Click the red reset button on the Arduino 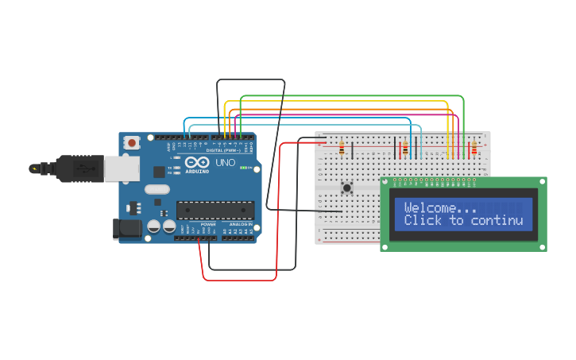pyautogui.click(x=131, y=143)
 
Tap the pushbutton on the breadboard pyautogui.click(x=346, y=188)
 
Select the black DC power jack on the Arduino pyautogui.click(x=129, y=229)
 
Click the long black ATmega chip pyautogui.click(x=215, y=210)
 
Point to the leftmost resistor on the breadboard pyautogui.click(x=342, y=149)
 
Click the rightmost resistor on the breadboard pyautogui.click(x=475, y=149)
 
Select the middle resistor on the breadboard pyautogui.click(x=405, y=149)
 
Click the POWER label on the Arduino pyautogui.click(x=207, y=225)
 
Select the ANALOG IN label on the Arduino pyautogui.click(x=241, y=225)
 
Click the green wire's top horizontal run pyautogui.click(x=350, y=95)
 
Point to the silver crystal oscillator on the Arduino pyautogui.click(x=157, y=189)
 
